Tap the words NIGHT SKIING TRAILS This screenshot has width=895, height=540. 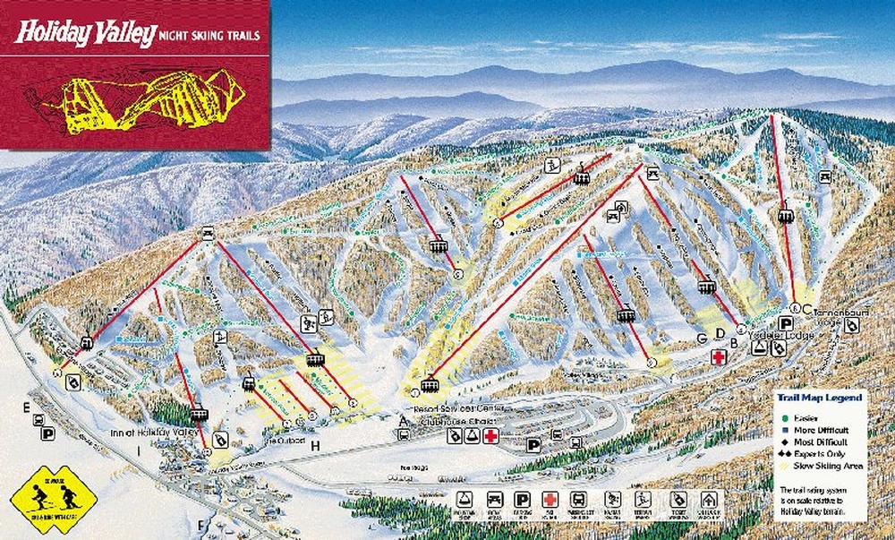coord(209,37)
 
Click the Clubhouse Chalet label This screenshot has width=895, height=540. coord(452,419)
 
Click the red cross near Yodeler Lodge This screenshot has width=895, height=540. coord(716,357)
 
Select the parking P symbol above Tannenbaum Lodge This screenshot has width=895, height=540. coord(787,323)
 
